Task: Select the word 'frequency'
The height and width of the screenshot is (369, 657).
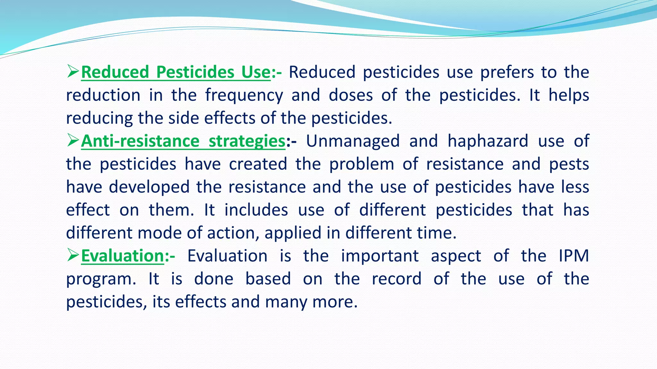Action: [x=244, y=95]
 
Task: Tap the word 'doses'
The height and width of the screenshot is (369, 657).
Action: [x=351, y=95]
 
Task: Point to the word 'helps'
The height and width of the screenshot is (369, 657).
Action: [x=568, y=95]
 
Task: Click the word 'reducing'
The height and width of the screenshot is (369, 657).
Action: [x=99, y=119]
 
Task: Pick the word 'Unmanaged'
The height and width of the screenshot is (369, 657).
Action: [x=353, y=141]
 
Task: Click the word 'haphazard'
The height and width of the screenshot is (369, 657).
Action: [x=488, y=141]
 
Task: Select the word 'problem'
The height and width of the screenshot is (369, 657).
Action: [x=362, y=164]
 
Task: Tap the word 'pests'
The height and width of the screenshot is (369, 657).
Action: [x=569, y=164]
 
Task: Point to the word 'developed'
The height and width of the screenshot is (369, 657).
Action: [x=149, y=187]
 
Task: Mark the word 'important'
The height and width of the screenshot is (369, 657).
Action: [x=380, y=256]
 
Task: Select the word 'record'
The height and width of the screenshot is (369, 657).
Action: [x=397, y=279]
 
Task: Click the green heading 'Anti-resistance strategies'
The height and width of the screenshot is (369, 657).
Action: [x=183, y=141]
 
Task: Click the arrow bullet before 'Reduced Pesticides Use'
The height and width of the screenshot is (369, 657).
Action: [x=73, y=72]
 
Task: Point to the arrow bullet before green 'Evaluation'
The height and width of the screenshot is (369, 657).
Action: [x=73, y=256]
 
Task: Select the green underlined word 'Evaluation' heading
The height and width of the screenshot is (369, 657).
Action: [x=123, y=256]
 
